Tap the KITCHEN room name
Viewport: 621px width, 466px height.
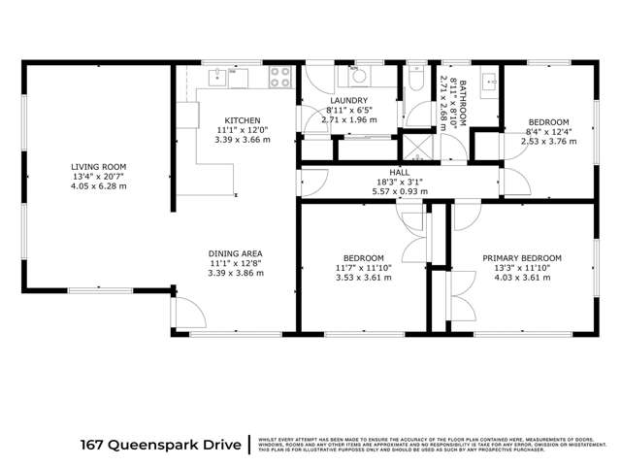pos(242,120)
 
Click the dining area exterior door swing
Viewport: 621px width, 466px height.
pos(189,313)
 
